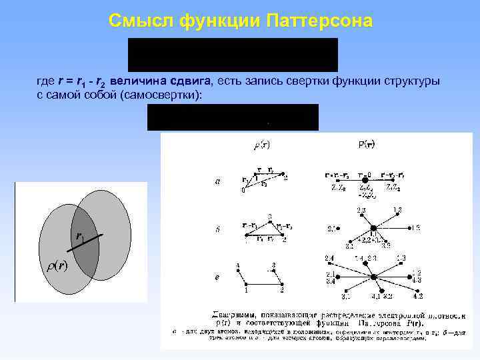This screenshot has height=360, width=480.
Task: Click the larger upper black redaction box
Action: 233,54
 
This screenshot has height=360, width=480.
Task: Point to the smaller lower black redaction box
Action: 233,117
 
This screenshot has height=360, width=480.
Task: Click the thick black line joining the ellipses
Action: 89,239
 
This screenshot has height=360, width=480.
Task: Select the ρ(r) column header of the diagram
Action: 262,144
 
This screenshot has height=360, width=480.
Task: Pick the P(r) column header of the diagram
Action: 367,143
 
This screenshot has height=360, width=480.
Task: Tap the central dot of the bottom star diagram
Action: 373,275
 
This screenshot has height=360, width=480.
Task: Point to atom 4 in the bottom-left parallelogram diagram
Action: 237,271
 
